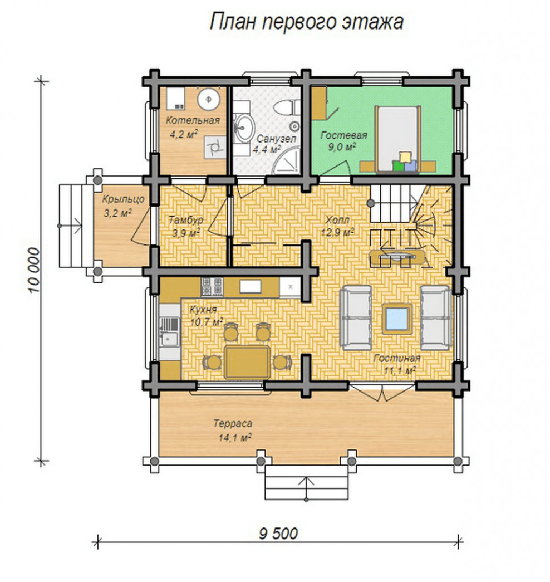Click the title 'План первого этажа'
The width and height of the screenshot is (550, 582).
pyautogui.click(x=307, y=22)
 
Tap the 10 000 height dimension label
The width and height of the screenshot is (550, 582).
pyautogui.click(x=33, y=270)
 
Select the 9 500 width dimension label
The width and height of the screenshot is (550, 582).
pyautogui.click(x=278, y=534)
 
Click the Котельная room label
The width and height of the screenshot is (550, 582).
pyautogui.click(x=193, y=120)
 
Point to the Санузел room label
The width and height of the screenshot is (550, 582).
pyautogui.click(x=276, y=139)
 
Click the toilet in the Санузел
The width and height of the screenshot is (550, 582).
pyautogui.click(x=286, y=107)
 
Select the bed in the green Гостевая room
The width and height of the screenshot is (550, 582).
pyautogui.click(x=398, y=139)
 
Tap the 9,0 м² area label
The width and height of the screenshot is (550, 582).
pyautogui.click(x=342, y=146)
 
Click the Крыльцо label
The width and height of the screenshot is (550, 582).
pyautogui.click(x=123, y=199)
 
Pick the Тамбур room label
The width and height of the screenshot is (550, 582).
pyautogui.click(x=186, y=220)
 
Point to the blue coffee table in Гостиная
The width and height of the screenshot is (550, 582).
pyautogui.click(x=397, y=319)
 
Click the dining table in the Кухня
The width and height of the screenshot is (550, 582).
pyautogui.click(x=247, y=362)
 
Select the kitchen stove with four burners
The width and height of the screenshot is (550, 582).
pyautogui.click(x=212, y=287)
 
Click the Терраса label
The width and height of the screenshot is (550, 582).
pyautogui.click(x=233, y=423)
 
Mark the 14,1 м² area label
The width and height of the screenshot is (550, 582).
pyautogui.click(x=235, y=438)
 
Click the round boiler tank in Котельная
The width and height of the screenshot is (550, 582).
pyautogui.click(x=209, y=99)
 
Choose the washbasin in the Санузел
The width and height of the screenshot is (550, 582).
pyautogui.click(x=244, y=128)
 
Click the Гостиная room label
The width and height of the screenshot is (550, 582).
pyautogui.click(x=397, y=358)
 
